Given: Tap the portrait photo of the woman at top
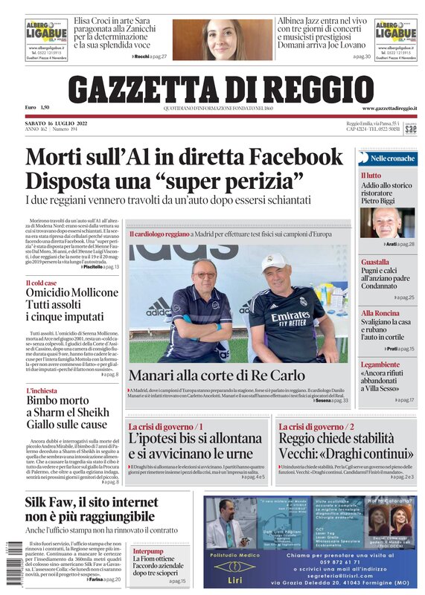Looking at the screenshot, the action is pos(211,39).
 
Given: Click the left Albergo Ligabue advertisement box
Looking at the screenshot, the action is pos(46,39).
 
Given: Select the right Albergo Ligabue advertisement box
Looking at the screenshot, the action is pos(395,39).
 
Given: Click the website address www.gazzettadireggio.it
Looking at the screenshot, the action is pos(389,109).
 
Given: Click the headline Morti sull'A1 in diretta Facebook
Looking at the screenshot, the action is pos(184,158).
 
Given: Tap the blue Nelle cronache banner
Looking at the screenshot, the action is pos(388,158).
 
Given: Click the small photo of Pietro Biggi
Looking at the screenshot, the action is pos(388,222).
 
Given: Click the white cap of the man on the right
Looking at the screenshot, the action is pos(275,263).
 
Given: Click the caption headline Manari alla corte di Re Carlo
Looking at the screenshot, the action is pos(223,376).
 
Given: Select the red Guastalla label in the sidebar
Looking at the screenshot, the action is pos(375,263).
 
